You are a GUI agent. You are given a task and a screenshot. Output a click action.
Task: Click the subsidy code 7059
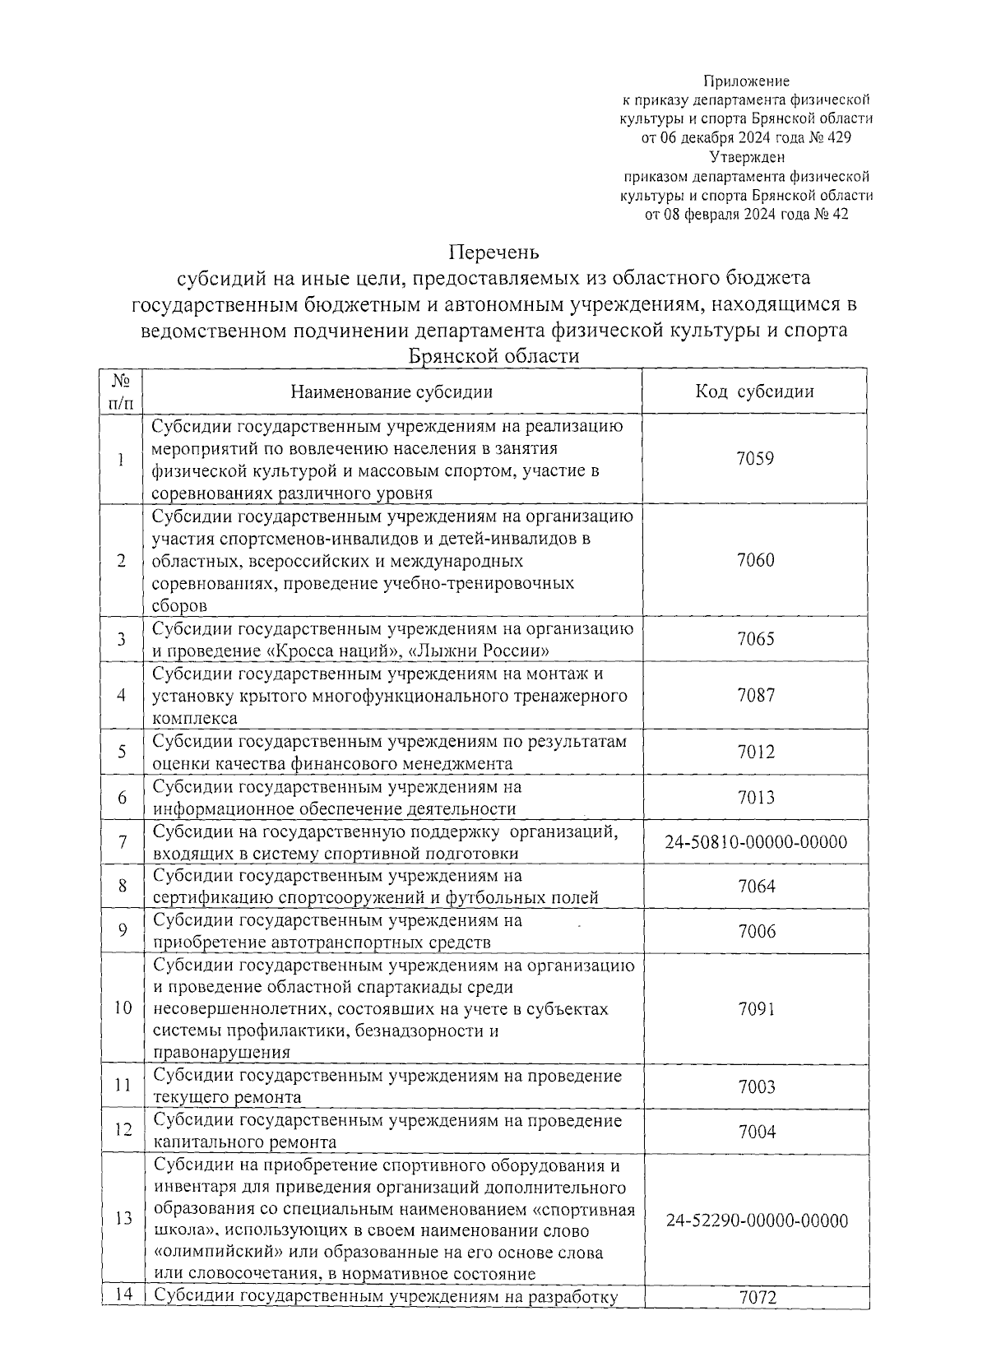tap(755, 459)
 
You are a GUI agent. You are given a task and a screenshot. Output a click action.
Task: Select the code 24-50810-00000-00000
tap(756, 843)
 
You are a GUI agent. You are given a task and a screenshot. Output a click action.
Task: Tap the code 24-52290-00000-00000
tap(756, 1220)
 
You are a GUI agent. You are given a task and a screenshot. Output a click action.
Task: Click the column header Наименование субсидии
tap(392, 391)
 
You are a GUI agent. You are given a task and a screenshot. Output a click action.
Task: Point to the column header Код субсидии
tap(754, 391)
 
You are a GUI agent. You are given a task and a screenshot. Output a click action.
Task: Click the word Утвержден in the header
tap(747, 157)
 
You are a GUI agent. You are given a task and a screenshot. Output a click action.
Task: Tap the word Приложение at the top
tap(746, 81)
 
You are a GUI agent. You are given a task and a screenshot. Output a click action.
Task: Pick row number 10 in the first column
tap(123, 1009)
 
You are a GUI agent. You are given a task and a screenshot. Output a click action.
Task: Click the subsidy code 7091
tap(755, 1009)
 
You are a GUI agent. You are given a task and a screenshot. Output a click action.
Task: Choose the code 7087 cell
tap(755, 696)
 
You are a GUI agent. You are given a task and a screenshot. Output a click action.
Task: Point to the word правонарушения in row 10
tap(221, 1053)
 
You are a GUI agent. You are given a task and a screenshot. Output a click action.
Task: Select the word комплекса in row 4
tap(195, 718)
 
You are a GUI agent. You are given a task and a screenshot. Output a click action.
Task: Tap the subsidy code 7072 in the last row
tap(755, 1298)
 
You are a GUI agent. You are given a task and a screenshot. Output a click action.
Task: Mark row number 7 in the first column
tap(122, 843)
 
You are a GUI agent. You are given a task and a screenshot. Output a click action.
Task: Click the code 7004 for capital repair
tap(755, 1132)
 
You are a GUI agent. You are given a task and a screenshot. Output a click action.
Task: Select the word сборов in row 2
tap(179, 606)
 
